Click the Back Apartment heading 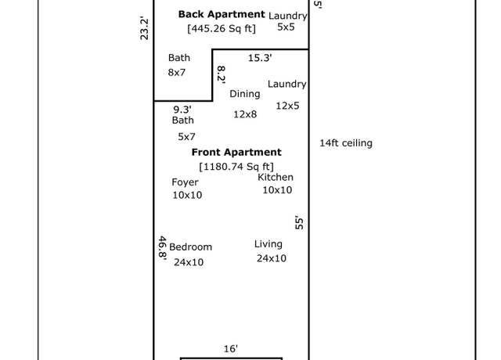click(222, 14)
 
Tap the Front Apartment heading click(236, 152)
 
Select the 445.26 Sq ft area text click(222, 29)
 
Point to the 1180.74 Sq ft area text click(236, 167)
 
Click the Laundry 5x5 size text click(286, 27)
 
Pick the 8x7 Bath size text click(177, 73)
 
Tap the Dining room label click(245, 94)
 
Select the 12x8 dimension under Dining click(245, 114)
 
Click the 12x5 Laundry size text click(287, 106)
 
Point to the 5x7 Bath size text click(186, 137)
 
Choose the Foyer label click(185, 182)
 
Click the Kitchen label click(276, 178)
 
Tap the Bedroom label click(190, 247)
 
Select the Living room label click(269, 244)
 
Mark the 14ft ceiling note click(346, 143)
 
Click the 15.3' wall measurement click(260, 58)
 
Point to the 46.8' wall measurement click(163, 248)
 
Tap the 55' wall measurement click(299, 222)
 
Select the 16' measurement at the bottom click(231, 348)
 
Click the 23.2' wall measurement click(144, 28)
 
